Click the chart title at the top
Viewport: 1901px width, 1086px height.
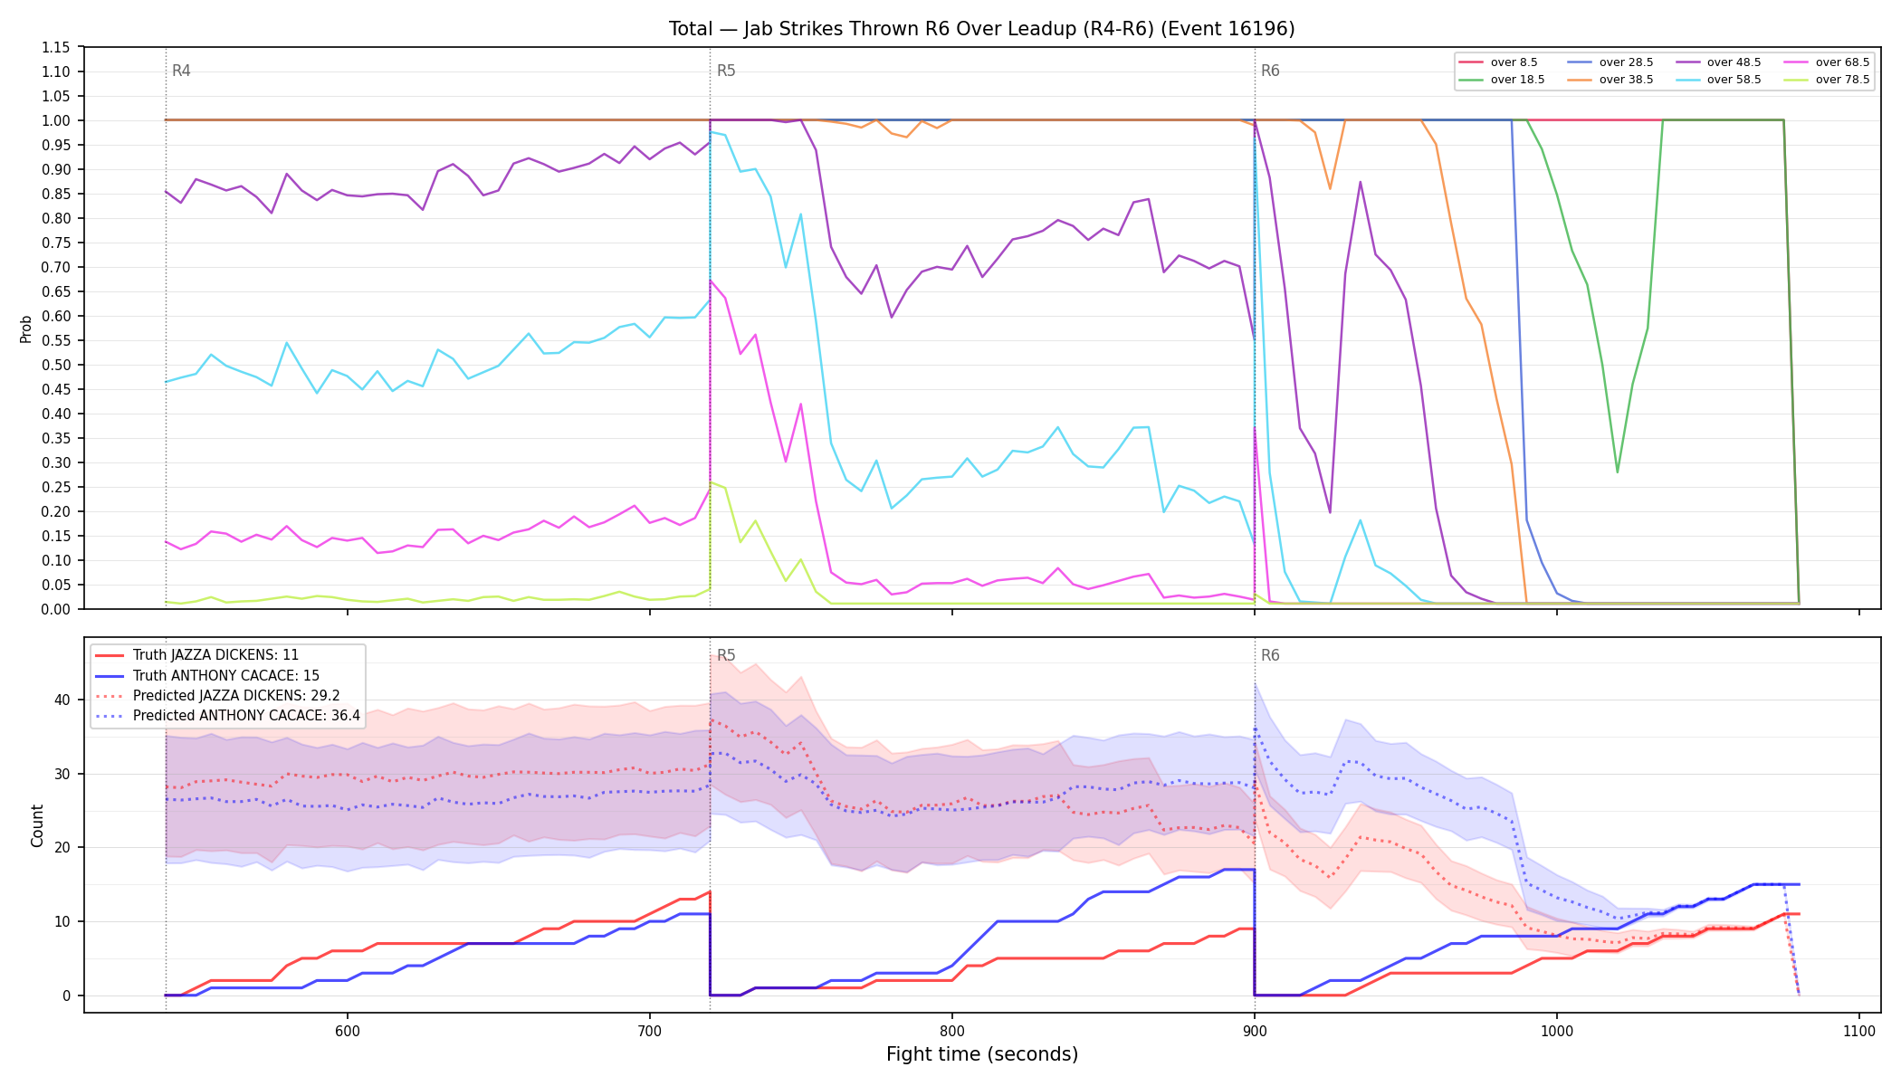[982, 29]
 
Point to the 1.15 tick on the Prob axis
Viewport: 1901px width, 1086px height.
[56, 47]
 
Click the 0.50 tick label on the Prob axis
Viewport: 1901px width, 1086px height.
[56, 365]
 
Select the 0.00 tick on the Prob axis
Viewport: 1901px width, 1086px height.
[56, 609]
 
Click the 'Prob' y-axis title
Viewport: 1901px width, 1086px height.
[26, 329]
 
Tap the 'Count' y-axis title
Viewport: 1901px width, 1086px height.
[37, 825]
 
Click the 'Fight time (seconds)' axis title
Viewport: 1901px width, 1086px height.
[982, 1054]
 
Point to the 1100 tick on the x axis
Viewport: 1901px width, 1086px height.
[1858, 1031]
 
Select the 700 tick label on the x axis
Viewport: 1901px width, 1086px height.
[649, 1031]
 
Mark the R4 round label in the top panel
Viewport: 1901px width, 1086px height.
[181, 71]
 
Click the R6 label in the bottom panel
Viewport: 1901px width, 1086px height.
[1270, 655]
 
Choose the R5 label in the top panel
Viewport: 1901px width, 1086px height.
[726, 71]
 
